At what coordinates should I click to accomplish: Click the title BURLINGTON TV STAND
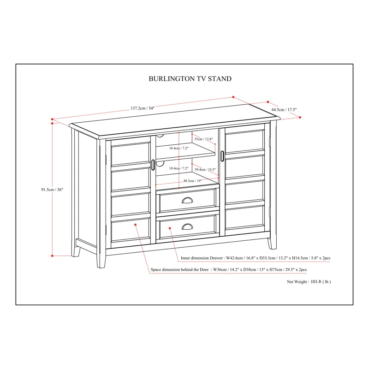point(190,79)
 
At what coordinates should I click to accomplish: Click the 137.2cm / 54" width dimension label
point(143,108)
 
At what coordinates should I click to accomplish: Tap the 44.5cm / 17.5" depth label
point(284,110)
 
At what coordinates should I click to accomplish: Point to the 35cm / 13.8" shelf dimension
point(203,139)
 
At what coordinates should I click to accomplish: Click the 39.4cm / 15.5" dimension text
point(205,170)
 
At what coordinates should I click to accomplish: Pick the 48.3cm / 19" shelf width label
point(192,181)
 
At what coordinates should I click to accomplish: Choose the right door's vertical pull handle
point(222,155)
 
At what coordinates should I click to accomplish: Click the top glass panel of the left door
point(131,154)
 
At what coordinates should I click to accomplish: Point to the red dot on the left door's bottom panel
point(136,225)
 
